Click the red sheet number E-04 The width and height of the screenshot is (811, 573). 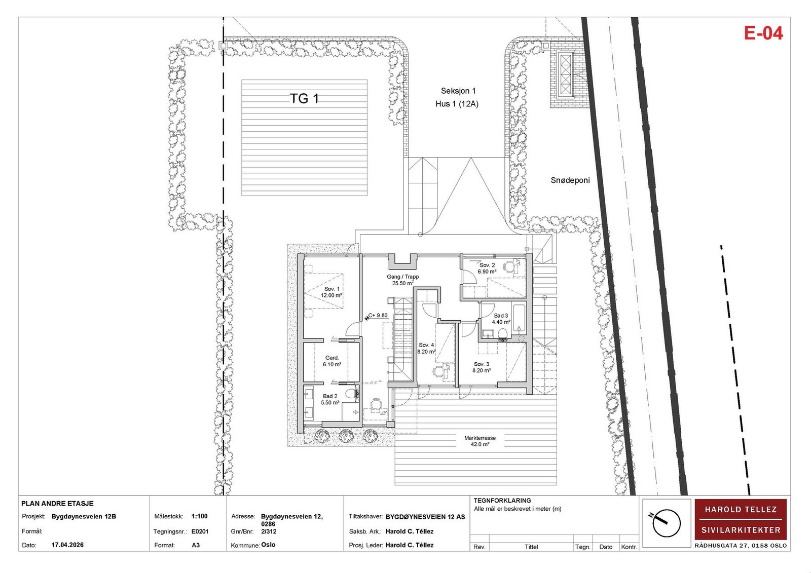coord(763,33)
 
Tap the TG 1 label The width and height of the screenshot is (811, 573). coord(304,98)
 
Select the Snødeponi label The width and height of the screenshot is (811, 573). coord(570,180)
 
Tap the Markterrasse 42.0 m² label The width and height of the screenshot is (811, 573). coord(480,441)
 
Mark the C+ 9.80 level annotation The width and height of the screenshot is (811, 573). coord(377,316)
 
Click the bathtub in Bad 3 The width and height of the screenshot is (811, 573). coord(519,319)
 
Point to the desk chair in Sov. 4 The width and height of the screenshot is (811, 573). coord(438,371)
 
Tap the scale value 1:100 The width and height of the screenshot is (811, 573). coord(200,516)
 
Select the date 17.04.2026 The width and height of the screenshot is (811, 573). coord(67,545)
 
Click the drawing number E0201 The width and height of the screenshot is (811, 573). coord(200,531)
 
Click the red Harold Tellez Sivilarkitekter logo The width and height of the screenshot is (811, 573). coord(741,519)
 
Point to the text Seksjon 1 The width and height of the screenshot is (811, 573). coord(458,91)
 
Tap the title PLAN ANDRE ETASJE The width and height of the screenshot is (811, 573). coord(58,504)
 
